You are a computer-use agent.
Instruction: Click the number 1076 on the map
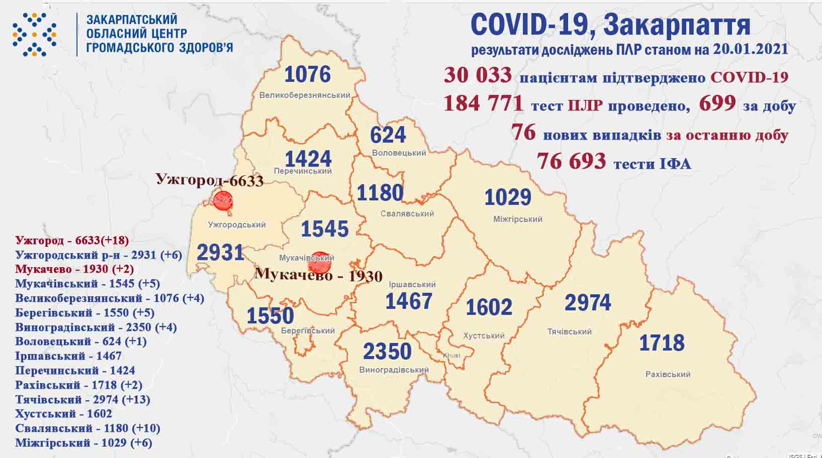click(x=307, y=74)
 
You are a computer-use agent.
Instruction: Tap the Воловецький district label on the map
click(x=399, y=153)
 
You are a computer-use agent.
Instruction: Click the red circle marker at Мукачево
click(x=319, y=262)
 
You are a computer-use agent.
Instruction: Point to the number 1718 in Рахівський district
click(x=662, y=343)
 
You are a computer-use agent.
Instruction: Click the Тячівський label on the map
click(x=569, y=331)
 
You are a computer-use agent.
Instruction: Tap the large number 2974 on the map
click(x=587, y=303)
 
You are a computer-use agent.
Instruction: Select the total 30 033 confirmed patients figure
click(x=478, y=75)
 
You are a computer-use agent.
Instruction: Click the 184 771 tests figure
click(x=484, y=104)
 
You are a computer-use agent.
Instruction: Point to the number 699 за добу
click(x=717, y=103)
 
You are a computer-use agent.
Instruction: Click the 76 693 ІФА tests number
click(x=571, y=161)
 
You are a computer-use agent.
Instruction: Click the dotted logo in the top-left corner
click(x=34, y=34)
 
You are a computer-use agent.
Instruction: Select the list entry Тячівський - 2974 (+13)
click(x=83, y=399)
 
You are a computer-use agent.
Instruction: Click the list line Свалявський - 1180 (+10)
click(x=87, y=428)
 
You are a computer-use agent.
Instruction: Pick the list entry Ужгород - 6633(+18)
click(x=72, y=240)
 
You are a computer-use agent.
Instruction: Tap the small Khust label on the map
click(x=451, y=356)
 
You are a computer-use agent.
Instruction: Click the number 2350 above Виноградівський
click(x=387, y=352)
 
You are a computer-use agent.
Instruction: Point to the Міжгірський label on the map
click(x=517, y=219)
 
